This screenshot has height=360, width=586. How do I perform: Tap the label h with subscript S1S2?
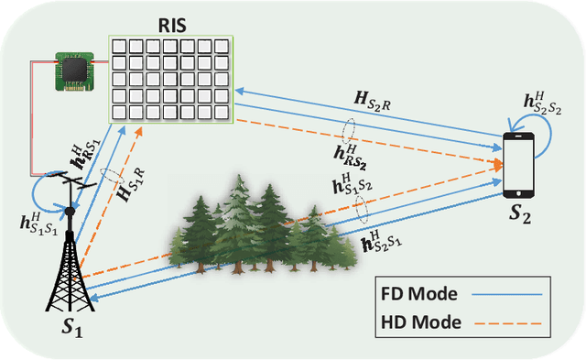(x=352, y=190)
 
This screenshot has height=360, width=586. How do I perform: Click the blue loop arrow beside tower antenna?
(x=46, y=195)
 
